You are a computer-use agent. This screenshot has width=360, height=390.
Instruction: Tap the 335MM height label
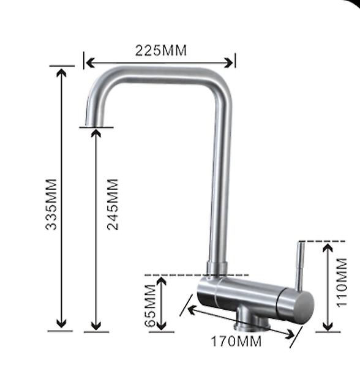pyautogui.click(x=52, y=204)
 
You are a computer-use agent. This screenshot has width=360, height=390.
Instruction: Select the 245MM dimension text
pyautogui.click(x=113, y=204)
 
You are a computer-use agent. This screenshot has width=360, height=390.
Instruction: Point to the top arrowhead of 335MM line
pyautogui.click(x=61, y=72)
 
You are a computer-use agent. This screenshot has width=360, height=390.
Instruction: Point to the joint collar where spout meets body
pyautogui.click(x=217, y=268)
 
